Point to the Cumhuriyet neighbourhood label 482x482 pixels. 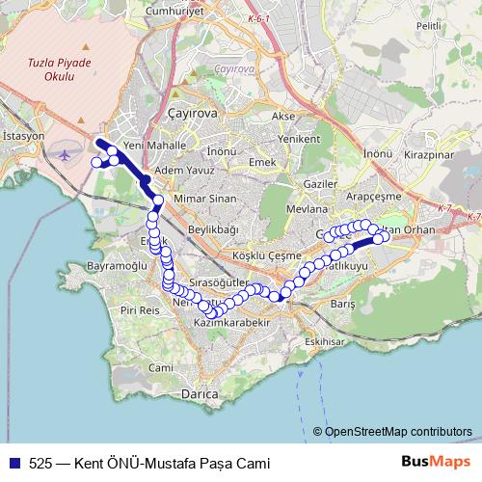172,11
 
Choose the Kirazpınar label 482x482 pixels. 429,153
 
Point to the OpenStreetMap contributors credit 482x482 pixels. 398,431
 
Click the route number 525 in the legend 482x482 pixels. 40,463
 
